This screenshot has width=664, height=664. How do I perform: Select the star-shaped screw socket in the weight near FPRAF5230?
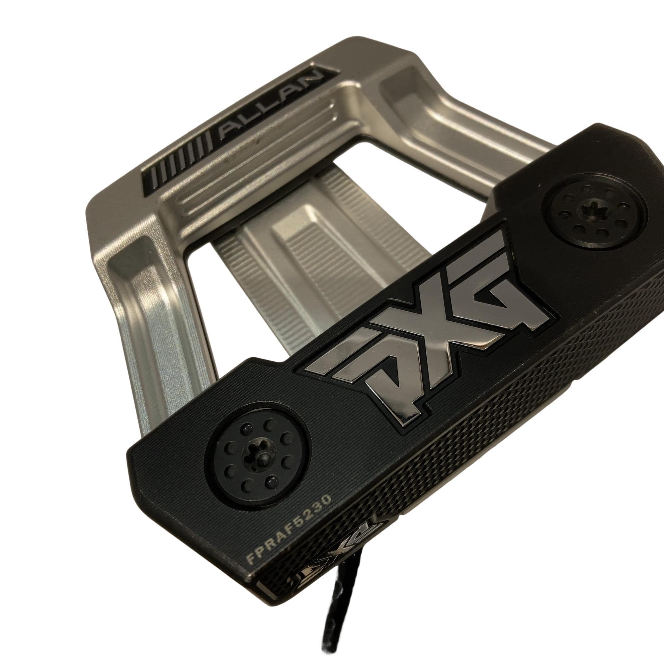pos(256,456)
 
